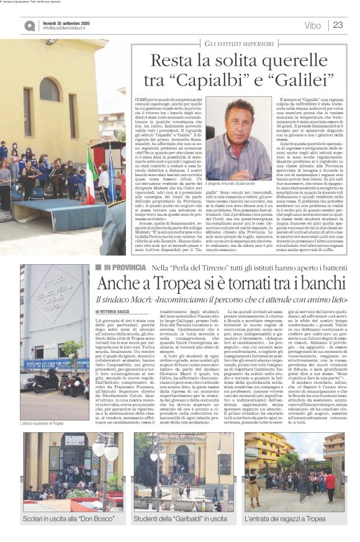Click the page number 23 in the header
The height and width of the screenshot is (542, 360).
click(338, 25)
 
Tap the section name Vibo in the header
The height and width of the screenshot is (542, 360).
click(313, 25)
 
